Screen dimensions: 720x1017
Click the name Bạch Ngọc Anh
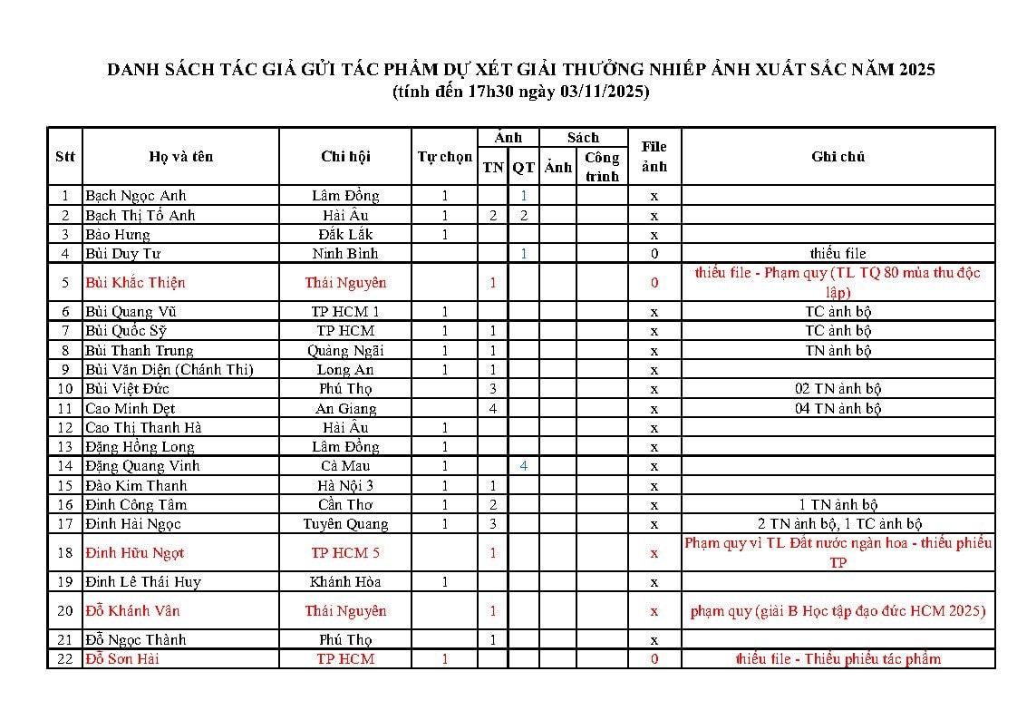click(x=135, y=196)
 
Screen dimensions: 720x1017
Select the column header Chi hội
click(x=345, y=157)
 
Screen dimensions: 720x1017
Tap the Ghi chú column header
click(x=838, y=157)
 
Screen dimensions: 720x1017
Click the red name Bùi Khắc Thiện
click(x=135, y=283)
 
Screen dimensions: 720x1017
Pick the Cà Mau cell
click(x=345, y=466)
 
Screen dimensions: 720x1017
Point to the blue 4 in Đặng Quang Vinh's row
click(x=524, y=466)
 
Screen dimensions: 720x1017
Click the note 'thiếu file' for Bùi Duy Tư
click(x=838, y=254)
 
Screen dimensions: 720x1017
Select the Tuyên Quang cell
click(x=345, y=524)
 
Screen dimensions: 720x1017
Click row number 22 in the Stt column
click(x=64, y=659)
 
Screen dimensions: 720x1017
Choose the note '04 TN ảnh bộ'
click(x=838, y=409)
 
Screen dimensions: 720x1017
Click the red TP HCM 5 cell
click(x=345, y=553)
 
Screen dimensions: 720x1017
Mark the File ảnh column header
click(x=654, y=157)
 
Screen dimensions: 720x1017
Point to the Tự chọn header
click(x=444, y=157)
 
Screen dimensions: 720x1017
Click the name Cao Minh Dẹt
click(x=130, y=409)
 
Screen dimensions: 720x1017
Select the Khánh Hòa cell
click(x=345, y=582)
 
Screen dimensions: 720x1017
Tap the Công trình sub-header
click(x=602, y=167)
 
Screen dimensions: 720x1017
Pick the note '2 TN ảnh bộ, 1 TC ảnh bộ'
click(x=838, y=524)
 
